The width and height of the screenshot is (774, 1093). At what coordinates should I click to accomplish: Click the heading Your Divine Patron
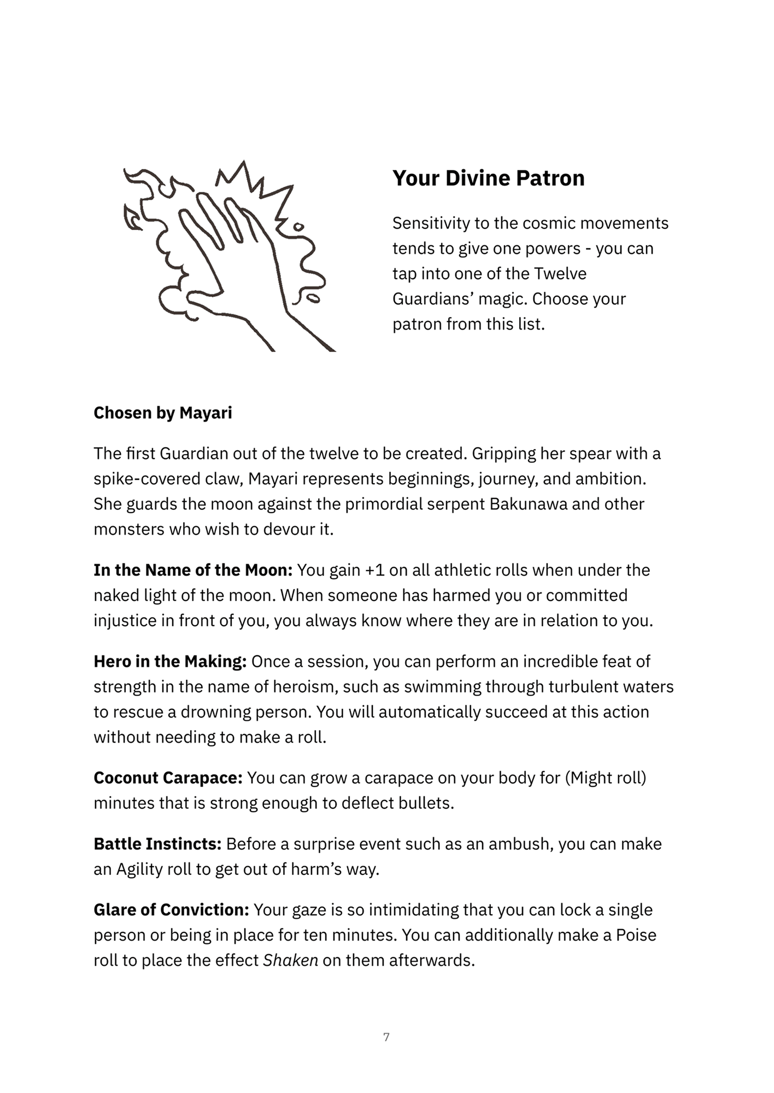click(x=488, y=178)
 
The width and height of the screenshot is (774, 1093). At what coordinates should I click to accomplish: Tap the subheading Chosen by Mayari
click(x=162, y=413)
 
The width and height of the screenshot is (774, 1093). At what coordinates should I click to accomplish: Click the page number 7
click(x=386, y=1037)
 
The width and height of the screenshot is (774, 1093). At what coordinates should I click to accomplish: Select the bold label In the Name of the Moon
click(x=193, y=570)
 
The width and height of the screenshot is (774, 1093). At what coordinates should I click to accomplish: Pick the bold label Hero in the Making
click(x=170, y=661)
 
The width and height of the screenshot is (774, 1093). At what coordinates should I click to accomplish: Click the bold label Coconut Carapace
click(x=168, y=778)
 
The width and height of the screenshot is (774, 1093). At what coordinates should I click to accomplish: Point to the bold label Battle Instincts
click(x=157, y=844)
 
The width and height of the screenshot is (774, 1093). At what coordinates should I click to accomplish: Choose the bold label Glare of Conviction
click(x=171, y=910)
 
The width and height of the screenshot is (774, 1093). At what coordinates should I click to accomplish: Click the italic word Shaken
click(x=290, y=960)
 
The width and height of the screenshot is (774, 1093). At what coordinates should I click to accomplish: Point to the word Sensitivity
click(x=431, y=223)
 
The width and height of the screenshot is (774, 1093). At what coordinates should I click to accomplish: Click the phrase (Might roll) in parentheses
click(x=605, y=778)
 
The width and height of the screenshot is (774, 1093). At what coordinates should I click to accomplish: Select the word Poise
click(x=636, y=935)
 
